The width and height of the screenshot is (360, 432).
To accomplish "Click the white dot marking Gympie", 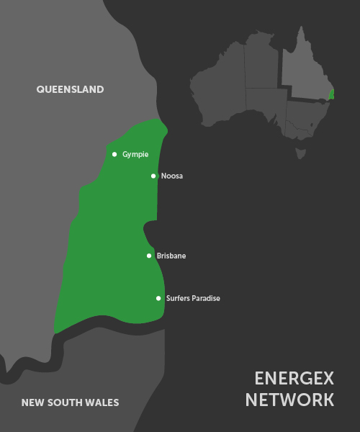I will click(x=114, y=154).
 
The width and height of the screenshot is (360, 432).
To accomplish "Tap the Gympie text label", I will click(x=135, y=154).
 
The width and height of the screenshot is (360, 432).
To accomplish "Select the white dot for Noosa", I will click(x=153, y=176).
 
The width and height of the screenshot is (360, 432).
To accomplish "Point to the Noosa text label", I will click(x=172, y=176).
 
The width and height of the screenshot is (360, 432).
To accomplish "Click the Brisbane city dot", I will click(x=149, y=256).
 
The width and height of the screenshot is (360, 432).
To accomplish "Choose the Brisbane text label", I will click(x=171, y=256).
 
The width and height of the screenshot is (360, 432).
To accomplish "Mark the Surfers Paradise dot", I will click(x=158, y=298).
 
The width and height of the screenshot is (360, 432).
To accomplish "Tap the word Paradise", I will click(x=206, y=298).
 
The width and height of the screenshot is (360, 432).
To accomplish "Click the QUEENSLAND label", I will click(x=70, y=89).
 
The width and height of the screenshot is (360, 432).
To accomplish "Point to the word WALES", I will click(x=102, y=402).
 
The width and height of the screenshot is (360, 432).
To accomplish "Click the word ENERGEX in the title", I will click(x=294, y=379).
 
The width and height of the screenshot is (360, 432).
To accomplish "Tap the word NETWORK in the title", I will click(x=289, y=400).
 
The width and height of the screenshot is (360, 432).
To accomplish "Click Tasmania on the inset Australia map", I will click(x=301, y=153).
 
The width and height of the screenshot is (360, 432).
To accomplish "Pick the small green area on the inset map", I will click(x=331, y=94).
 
